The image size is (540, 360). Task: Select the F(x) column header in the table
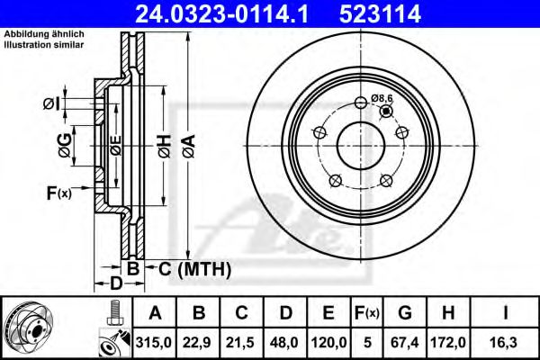[x=368, y=313]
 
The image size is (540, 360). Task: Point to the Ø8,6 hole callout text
[x=383, y=98]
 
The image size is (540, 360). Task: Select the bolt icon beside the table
[x=113, y=314]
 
